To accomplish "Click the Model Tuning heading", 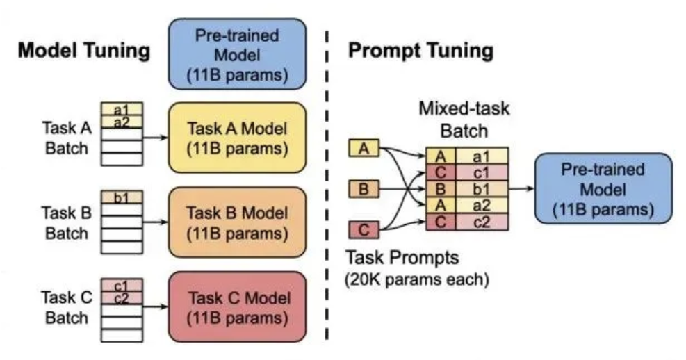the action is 84,50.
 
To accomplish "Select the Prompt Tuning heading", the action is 420,50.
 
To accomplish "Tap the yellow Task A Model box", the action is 237,138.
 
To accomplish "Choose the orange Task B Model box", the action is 237,222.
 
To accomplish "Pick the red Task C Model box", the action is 237,306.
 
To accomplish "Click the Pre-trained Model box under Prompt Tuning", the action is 603,188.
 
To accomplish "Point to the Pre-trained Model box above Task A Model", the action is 237,54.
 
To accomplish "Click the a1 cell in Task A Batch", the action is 122,109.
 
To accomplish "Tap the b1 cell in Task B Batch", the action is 122,197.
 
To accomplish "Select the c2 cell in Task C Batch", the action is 122,298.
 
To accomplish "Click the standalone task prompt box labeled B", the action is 364,189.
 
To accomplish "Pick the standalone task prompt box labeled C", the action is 364,229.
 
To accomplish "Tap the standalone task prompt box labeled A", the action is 364,148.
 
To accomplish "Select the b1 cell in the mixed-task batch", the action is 482,189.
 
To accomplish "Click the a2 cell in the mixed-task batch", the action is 482,206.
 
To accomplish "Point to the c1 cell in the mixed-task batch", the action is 482,172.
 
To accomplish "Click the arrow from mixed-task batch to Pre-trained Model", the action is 521,188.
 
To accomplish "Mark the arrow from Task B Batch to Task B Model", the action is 155,222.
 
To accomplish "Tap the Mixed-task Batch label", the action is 464,120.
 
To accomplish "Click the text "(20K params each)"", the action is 416,279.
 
